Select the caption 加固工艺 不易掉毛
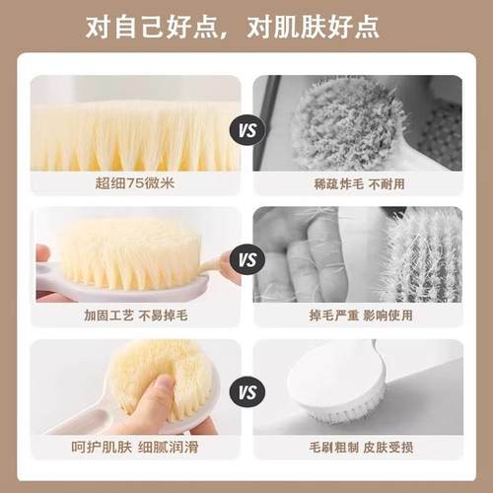coord(137,317)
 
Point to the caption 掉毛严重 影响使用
coord(357,317)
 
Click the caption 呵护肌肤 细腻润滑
coord(137,448)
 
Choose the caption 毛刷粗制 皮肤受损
coord(357,448)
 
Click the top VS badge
coord(246,129)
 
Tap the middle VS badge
coord(246,261)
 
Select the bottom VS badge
coord(246,392)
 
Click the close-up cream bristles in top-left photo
coord(137,128)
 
